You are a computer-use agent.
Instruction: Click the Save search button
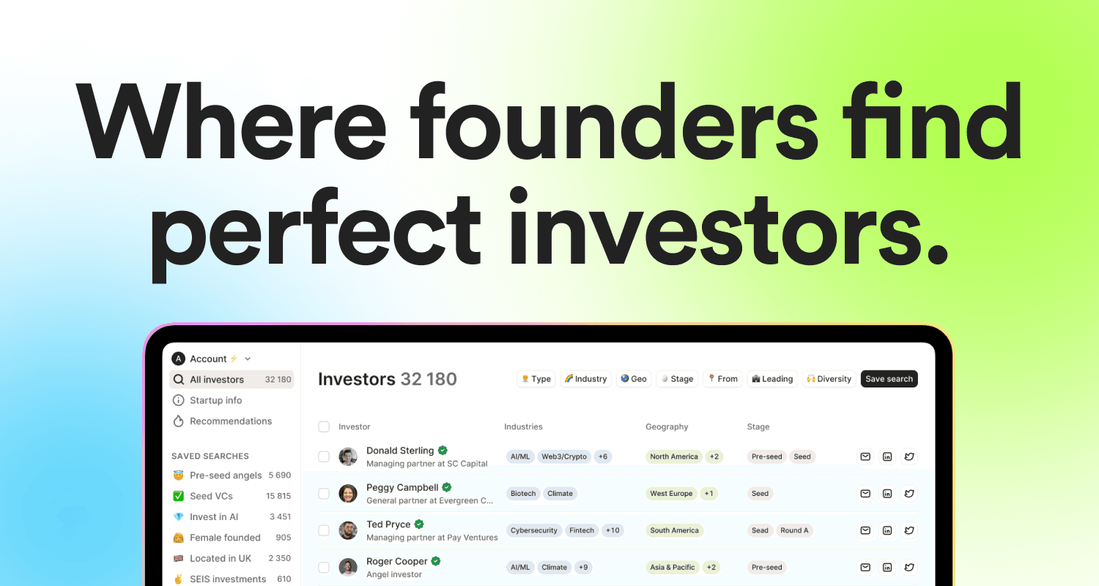889,379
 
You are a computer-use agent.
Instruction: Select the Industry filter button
585,379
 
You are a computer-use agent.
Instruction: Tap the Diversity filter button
829,379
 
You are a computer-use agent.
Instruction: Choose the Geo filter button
633,379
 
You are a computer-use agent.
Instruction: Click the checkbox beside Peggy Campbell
324,494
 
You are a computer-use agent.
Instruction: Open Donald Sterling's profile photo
348,456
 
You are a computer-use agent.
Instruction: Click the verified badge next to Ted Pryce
419,524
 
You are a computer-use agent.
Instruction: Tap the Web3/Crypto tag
563,456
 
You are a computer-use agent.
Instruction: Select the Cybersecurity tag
534,530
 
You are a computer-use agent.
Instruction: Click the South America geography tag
674,530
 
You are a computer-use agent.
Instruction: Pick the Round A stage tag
794,530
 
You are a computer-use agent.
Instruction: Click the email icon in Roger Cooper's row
865,567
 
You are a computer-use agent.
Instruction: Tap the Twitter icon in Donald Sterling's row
909,456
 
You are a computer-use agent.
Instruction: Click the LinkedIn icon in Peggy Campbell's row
887,494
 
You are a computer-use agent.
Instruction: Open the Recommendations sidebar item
230,421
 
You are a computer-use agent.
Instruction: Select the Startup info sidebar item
215,401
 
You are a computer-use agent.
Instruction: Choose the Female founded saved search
225,538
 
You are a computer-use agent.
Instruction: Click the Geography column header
667,426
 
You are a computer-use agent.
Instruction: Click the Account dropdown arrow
248,359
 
